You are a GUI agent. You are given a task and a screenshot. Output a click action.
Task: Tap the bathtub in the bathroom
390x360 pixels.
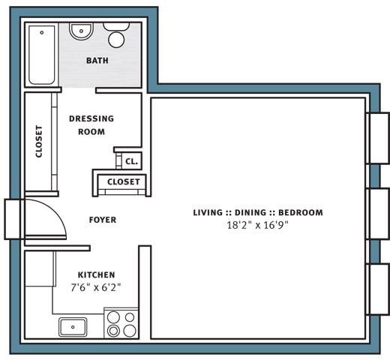pos(42,54)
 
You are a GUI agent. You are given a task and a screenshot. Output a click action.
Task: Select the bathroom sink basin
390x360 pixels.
pos(80,32)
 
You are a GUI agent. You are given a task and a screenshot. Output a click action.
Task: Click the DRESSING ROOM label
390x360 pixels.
pos(91,124)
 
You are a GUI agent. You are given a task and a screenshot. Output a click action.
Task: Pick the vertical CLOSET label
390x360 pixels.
pos(39,141)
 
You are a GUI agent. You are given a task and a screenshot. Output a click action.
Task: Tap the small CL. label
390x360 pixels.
pos(130,161)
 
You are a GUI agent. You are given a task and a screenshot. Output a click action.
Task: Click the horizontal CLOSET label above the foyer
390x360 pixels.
pos(123,181)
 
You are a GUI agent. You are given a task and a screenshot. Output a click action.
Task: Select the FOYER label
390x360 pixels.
pos(103,220)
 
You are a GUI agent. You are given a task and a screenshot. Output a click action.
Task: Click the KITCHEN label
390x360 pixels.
pos(96,274)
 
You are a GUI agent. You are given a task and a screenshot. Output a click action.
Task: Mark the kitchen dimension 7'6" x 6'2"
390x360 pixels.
pos(96,286)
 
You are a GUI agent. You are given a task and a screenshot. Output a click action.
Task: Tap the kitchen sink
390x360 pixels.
pos(73,326)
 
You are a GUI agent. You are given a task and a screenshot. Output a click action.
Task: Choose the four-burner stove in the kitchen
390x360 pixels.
pos(121,323)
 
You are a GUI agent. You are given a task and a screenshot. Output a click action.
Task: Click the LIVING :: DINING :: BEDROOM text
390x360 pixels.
pos(257,212)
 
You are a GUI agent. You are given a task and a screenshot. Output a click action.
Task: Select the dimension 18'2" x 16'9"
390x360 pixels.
pos(257,224)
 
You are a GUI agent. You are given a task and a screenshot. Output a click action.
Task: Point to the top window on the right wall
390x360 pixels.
pos(378,138)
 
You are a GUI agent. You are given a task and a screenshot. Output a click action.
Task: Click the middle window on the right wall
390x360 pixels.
pos(378,214)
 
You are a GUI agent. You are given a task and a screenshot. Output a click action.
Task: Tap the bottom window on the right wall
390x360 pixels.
pos(378,289)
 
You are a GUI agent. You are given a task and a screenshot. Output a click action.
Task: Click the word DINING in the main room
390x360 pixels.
pos(257,212)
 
